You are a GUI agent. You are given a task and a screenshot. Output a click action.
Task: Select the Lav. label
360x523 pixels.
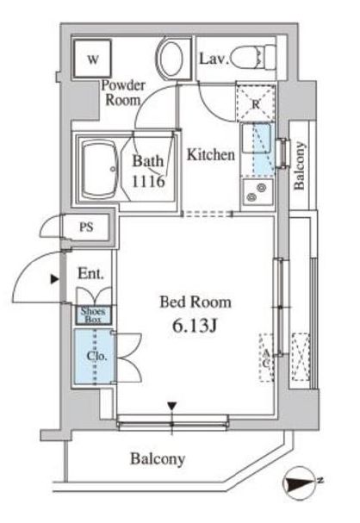213,59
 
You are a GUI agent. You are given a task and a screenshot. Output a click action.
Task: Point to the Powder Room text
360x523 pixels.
123,92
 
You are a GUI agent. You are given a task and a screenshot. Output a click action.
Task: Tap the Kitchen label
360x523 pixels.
211,155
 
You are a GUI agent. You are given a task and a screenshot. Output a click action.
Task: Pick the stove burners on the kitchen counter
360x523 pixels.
256,193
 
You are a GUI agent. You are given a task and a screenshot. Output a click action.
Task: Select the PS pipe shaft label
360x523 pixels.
86,229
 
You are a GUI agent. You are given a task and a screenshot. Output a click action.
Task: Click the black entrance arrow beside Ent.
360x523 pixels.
55,278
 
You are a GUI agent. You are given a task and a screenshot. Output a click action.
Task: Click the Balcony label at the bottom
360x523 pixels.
158,459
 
